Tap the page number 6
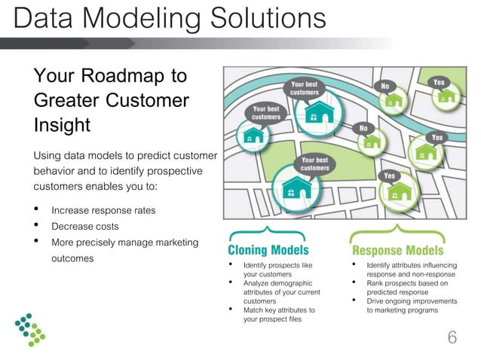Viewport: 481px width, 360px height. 452,337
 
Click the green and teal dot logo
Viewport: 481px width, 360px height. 30,328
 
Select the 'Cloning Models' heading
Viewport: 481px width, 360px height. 268,249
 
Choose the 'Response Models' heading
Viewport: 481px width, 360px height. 397,249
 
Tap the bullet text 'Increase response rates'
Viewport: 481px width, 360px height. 103,210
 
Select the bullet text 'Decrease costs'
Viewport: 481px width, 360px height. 84,226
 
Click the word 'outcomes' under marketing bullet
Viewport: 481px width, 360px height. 72,258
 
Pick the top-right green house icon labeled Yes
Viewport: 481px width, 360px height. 447,96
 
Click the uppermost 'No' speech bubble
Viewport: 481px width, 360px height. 385,86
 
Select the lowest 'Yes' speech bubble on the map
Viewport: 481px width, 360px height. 390,175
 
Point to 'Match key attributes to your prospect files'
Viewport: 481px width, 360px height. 279,314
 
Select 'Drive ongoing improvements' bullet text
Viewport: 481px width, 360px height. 412,301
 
